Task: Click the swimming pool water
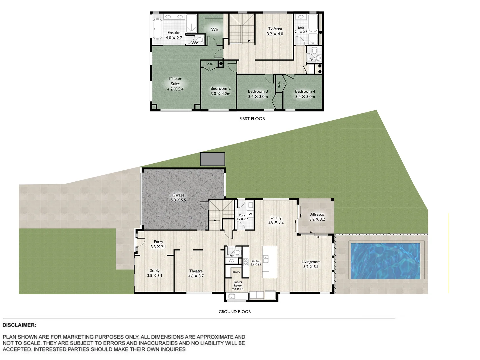click(385, 261)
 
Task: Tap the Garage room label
click(178, 195)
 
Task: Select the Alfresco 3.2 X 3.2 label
click(317, 217)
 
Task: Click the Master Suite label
click(175, 81)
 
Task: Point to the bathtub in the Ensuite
click(157, 29)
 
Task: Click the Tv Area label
click(275, 29)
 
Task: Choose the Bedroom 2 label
click(220, 89)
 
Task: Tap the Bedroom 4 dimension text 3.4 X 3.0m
click(305, 97)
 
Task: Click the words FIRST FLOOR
click(252, 119)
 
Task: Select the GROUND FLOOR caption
click(235, 312)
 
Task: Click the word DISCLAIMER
click(19, 325)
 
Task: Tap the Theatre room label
click(196, 271)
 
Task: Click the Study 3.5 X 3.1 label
click(155, 273)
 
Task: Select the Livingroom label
click(311, 262)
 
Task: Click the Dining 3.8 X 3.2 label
click(276, 220)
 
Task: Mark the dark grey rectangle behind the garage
click(213, 159)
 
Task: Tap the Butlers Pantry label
click(238, 284)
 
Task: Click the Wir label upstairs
click(215, 29)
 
